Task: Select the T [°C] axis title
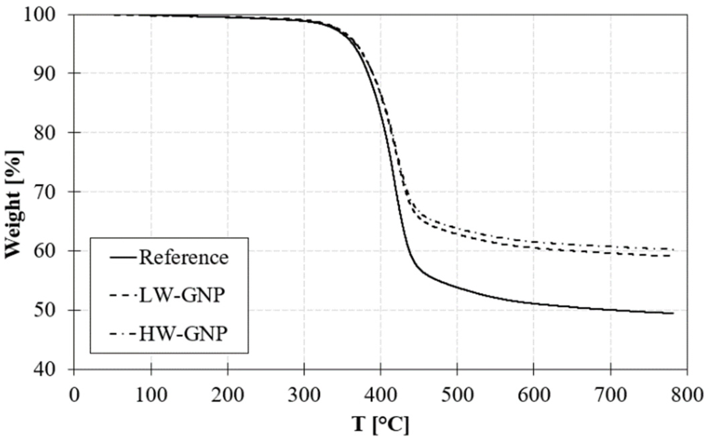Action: click(x=381, y=425)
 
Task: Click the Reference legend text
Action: click(x=184, y=258)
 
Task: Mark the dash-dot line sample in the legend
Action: click(x=123, y=334)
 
